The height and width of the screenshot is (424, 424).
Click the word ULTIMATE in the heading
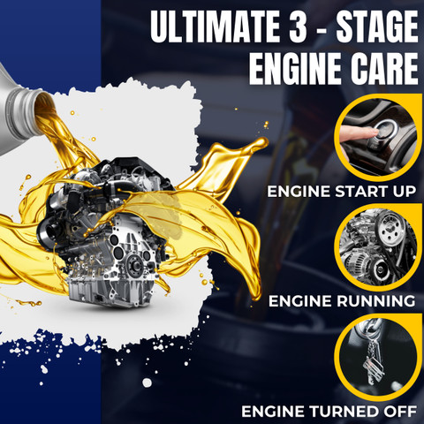(215, 26)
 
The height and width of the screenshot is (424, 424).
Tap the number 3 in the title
(298, 26)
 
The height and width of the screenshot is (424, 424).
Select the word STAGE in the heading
(377, 26)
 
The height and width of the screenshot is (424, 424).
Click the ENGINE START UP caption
(342, 192)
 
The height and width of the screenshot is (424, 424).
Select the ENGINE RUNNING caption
(342, 301)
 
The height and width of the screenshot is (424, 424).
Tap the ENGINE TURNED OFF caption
(329, 411)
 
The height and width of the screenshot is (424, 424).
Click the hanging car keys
(374, 360)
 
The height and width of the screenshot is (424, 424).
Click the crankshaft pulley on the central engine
(134, 264)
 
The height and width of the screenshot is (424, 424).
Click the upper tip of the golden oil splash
(261, 142)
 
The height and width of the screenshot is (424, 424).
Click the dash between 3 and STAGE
(322, 28)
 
